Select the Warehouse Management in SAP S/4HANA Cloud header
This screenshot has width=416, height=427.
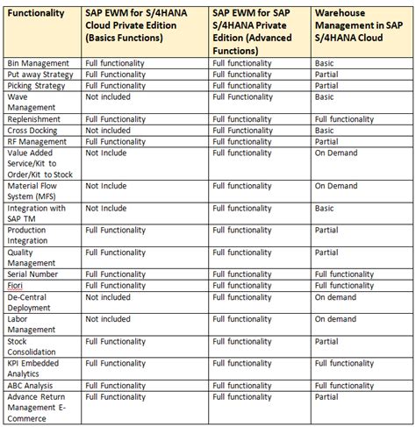[358, 26]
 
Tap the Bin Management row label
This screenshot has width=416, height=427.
[38, 64]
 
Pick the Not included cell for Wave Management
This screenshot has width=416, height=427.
[115, 96]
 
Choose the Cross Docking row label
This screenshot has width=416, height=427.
[34, 130]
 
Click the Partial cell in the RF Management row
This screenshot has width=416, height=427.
[327, 140]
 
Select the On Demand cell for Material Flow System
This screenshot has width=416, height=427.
[336, 186]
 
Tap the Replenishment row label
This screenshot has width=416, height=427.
[34, 118]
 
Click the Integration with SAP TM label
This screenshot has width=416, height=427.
[37, 213]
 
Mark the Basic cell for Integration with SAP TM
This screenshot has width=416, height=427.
[326, 208]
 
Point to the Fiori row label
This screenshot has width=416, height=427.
[16, 285]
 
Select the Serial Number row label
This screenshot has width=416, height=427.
[34, 274]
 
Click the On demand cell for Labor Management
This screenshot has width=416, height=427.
[336, 318]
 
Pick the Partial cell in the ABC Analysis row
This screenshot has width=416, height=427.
[327, 385]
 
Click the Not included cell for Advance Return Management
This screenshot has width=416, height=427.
[115, 396]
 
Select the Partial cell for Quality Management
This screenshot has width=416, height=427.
[327, 252]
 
